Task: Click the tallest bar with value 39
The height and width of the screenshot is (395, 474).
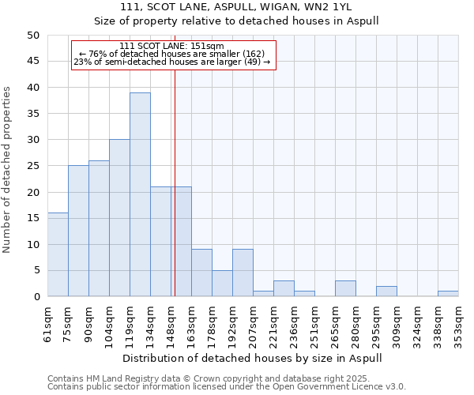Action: click(140, 194)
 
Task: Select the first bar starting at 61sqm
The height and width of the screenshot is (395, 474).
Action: click(58, 254)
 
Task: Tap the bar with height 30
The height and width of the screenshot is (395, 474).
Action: click(119, 218)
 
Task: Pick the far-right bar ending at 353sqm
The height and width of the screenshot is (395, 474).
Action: click(448, 294)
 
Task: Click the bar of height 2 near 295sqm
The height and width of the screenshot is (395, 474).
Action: click(386, 292)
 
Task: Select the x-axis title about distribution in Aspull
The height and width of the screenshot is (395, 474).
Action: click(253, 358)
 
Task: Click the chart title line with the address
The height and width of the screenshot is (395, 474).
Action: click(236, 7)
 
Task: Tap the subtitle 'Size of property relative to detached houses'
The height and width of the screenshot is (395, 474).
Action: click(236, 21)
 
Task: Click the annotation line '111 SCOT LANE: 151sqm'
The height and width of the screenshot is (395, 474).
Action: click(172, 47)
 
